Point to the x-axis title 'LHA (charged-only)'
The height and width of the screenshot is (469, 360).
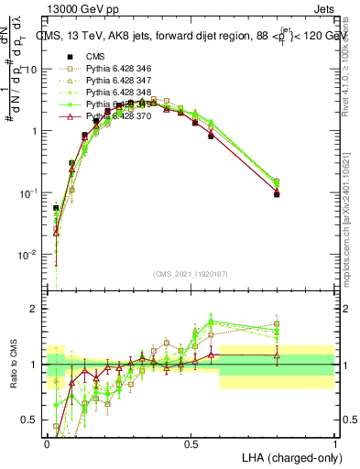point(286,456)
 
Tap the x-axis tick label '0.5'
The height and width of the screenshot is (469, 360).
point(191,442)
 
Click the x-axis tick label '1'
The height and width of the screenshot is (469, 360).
point(334,442)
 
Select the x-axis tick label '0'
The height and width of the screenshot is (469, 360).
point(48,442)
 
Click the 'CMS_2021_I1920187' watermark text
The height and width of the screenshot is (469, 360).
point(191,274)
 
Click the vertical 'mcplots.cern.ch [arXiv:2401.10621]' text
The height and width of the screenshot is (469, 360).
point(351,211)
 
